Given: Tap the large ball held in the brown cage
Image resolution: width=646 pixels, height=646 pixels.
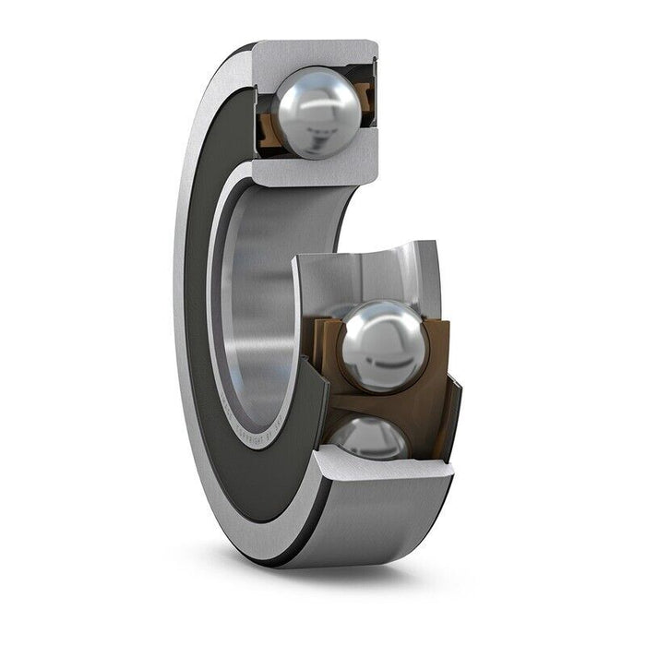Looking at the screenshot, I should pyautogui.click(x=382, y=346).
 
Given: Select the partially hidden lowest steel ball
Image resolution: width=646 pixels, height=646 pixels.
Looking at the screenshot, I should pyautogui.click(x=369, y=438).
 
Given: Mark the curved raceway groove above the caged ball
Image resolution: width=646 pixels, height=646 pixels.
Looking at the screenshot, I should pyautogui.click(x=369, y=277).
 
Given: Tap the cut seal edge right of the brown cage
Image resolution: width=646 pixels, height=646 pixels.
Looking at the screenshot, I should pyautogui.click(x=450, y=415).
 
